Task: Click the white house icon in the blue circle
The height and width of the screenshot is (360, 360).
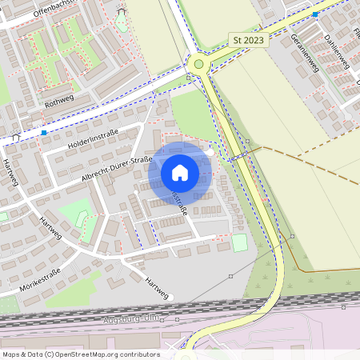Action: tap(180, 172)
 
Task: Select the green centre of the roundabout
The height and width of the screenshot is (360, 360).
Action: tap(198, 63)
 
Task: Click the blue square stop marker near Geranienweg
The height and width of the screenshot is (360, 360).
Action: tap(315, 14)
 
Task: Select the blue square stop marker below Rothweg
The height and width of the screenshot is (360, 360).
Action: tap(44, 133)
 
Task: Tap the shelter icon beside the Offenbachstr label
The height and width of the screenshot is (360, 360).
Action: tap(121, 11)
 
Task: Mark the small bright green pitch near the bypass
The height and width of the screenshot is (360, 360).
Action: tap(239, 242)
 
